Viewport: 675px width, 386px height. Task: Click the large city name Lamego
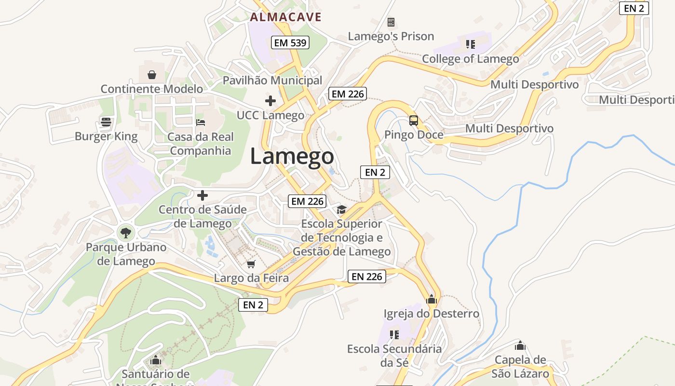(292, 156)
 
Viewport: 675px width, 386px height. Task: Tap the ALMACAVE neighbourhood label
(285, 17)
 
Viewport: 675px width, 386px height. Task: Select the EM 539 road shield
(290, 42)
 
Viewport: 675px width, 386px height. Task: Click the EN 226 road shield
(367, 276)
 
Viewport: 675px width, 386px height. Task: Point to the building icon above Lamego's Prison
(391, 22)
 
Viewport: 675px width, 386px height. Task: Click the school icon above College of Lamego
(471, 45)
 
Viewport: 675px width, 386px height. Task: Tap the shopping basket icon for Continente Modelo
(152, 75)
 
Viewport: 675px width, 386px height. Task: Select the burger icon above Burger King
(106, 122)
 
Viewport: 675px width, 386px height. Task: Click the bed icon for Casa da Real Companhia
(201, 122)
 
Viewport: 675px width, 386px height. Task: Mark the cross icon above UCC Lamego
(270, 101)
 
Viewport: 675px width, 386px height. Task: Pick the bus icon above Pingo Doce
(414, 120)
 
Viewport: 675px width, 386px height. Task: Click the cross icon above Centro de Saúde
(202, 195)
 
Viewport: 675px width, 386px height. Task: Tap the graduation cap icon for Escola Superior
(341, 209)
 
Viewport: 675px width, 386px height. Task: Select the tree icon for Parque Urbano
(125, 233)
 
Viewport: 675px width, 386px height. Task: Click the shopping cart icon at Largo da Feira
(251, 264)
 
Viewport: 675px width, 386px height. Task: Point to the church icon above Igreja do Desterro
(432, 299)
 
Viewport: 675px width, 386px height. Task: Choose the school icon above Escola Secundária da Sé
(394, 334)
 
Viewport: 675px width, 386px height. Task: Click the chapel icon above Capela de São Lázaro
(520, 345)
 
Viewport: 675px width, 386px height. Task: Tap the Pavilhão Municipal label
(272, 80)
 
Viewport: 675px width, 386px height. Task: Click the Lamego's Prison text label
(391, 36)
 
